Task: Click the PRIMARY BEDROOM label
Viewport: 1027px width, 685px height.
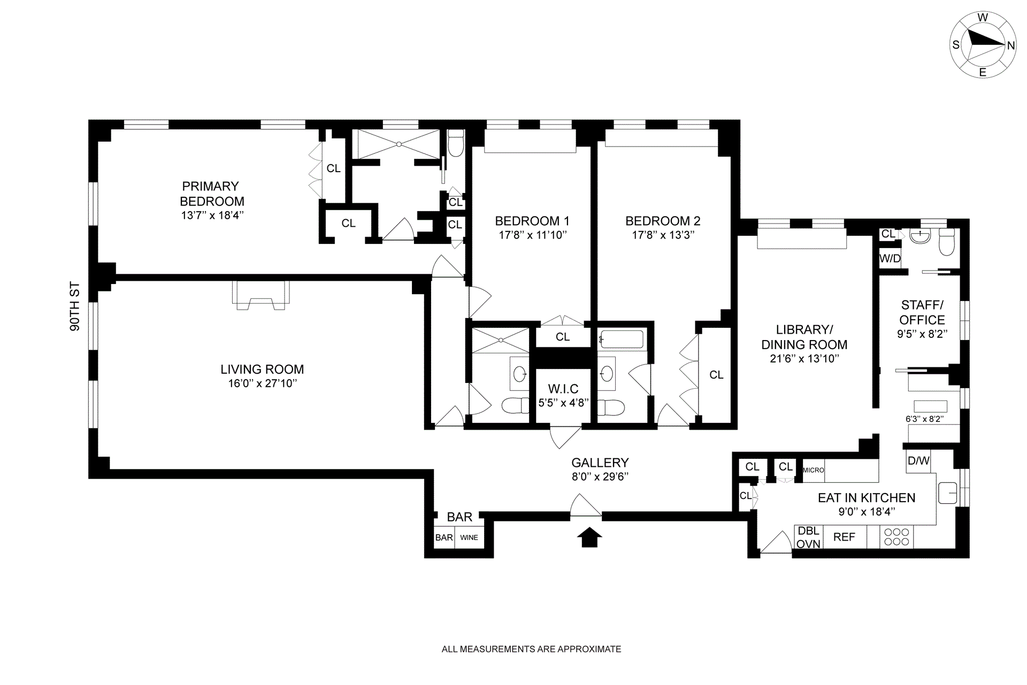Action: pyautogui.click(x=212, y=194)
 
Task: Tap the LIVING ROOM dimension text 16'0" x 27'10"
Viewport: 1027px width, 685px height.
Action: pyautogui.click(x=262, y=383)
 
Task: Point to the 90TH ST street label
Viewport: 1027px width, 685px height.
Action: pyautogui.click(x=75, y=306)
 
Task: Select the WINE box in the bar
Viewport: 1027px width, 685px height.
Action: pyautogui.click(x=469, y=537)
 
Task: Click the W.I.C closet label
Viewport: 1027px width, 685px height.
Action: pyautogui.click(x=563, y=389)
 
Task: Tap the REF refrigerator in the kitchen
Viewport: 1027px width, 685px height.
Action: pyautogui.click(x=844, y=537)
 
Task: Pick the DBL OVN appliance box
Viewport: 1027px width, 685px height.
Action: pyautogui.click(x=808, y=537)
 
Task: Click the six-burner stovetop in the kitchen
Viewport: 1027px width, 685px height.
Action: pyautogui.click(x=897, y=537)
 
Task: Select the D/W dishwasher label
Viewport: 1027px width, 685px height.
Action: pyautogui.click(x=918, y=460)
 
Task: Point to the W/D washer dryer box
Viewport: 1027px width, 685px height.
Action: pyautogui.click(x=890, y=259)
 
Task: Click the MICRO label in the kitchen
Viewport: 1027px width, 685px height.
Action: pyautogui.click(x=814, y=470)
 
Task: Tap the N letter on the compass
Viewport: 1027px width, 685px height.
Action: pyautogui.click(x=1010, y=45)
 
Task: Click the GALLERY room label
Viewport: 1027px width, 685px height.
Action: pyautogui.click(x=600, y=463)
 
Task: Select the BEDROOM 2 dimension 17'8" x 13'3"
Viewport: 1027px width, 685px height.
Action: pyautogui.click(x=663, y=235)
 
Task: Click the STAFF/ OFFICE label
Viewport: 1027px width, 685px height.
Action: pyautogui.click(x=922, y=312)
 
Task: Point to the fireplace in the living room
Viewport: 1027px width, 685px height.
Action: pyautogui.click(x=260, y=295)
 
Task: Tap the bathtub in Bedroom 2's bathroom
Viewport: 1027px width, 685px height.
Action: pyautogui.click(x=622, y=340)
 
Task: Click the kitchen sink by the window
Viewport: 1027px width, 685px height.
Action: pyautogui.click(x=947, y=492)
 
